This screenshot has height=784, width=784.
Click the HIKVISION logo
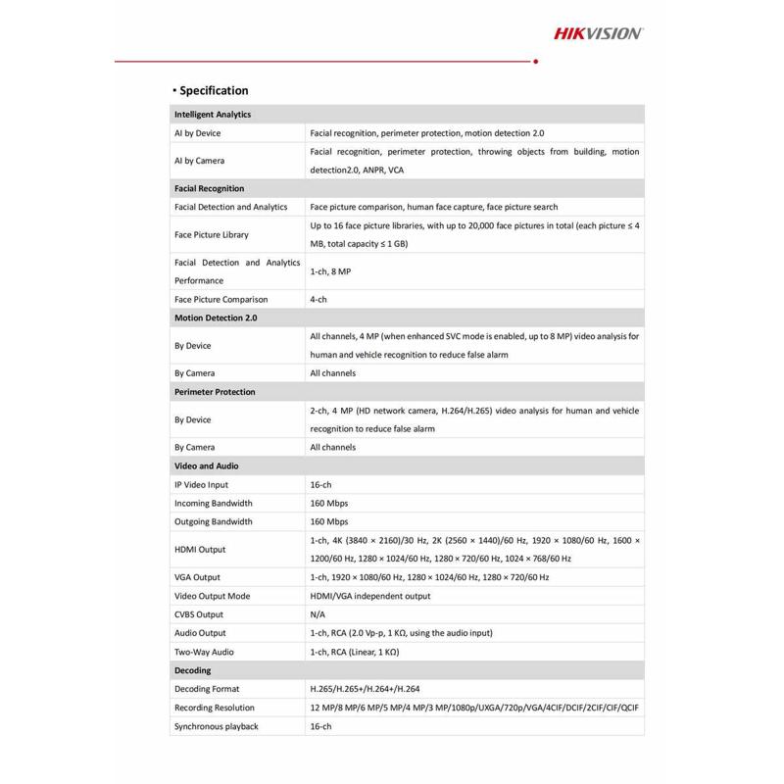(598, 33)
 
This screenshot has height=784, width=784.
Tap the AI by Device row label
(197, 133)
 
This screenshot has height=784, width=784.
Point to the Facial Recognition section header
(209, 188)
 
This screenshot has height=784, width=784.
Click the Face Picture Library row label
(211, 234)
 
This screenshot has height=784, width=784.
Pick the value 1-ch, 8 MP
(331, 270)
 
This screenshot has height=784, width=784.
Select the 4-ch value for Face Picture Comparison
(318, 299)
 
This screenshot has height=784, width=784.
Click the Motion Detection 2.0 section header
(215, 318)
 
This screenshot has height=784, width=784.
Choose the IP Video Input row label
(201, 484)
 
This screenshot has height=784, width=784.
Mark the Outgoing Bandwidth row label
(213, 521)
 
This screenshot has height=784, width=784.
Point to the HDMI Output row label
(200, 549)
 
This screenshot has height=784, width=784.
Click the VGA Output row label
(198, 577)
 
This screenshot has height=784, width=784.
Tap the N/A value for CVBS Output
(318, 614)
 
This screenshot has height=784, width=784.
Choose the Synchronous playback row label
(216, 726)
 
